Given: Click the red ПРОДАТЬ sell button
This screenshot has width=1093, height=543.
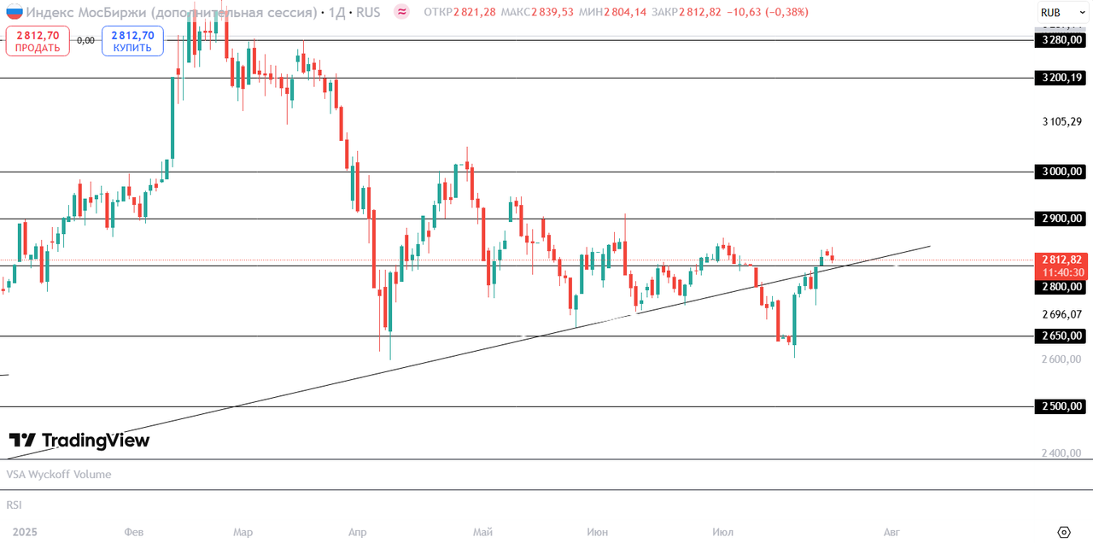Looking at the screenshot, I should (38, 41).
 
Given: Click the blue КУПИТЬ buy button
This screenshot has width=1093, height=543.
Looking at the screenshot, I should (132, 41).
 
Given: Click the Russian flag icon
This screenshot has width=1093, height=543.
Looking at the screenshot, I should (15, 12).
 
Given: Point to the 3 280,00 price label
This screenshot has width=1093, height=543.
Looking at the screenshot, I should (1060, 40).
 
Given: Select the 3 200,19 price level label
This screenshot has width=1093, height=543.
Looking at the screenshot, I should (1060, 78).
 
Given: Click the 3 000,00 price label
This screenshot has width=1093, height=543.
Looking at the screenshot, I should (1060, 172).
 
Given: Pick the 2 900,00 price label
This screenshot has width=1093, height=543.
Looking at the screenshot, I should (1060, 219).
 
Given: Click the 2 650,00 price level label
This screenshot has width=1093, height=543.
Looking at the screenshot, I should (1060, 336).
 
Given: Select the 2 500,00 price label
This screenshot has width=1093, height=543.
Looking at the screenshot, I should (1060, 406).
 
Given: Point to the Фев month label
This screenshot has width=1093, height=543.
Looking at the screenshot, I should (134, 532).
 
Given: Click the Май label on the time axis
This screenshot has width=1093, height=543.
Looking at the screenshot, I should (482, 532).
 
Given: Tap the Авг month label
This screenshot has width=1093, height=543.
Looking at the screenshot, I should (891, 532).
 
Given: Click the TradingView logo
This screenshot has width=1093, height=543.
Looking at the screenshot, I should (79, 441).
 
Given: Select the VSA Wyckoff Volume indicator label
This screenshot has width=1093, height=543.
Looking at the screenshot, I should (59, 475).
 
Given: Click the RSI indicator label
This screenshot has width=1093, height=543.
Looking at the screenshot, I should (14, 505).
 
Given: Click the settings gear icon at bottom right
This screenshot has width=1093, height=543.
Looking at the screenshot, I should (1064, 532).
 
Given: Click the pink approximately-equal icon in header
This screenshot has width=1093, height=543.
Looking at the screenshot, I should (401, 12).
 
